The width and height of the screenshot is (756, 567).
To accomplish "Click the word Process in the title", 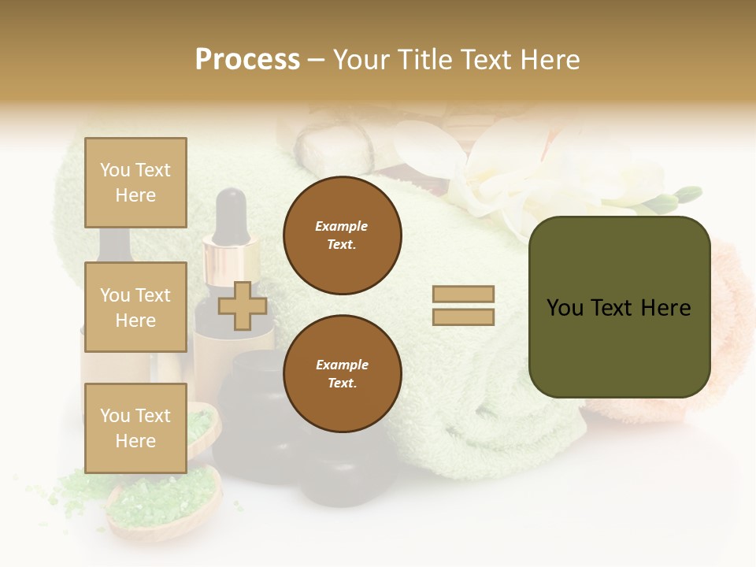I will click(x=247, y=60).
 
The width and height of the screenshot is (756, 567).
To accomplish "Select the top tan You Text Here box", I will click(x=135, y=183).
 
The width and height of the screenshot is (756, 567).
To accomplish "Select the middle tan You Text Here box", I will click(x=135, y=307).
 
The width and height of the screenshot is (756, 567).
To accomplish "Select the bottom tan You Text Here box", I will click(x=135, y=428).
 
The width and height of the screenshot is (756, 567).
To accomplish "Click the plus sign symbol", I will click(x=242, y=306).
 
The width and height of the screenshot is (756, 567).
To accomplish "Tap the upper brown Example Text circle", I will click(x=342, y=235).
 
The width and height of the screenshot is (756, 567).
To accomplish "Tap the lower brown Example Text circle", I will click(x=342, y=374).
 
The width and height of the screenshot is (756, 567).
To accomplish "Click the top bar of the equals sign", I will click(x=463, y=294).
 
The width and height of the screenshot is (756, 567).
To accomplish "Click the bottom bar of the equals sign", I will click(x=463, y=317).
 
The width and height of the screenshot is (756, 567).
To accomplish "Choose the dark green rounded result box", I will click(x=619, y=307).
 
